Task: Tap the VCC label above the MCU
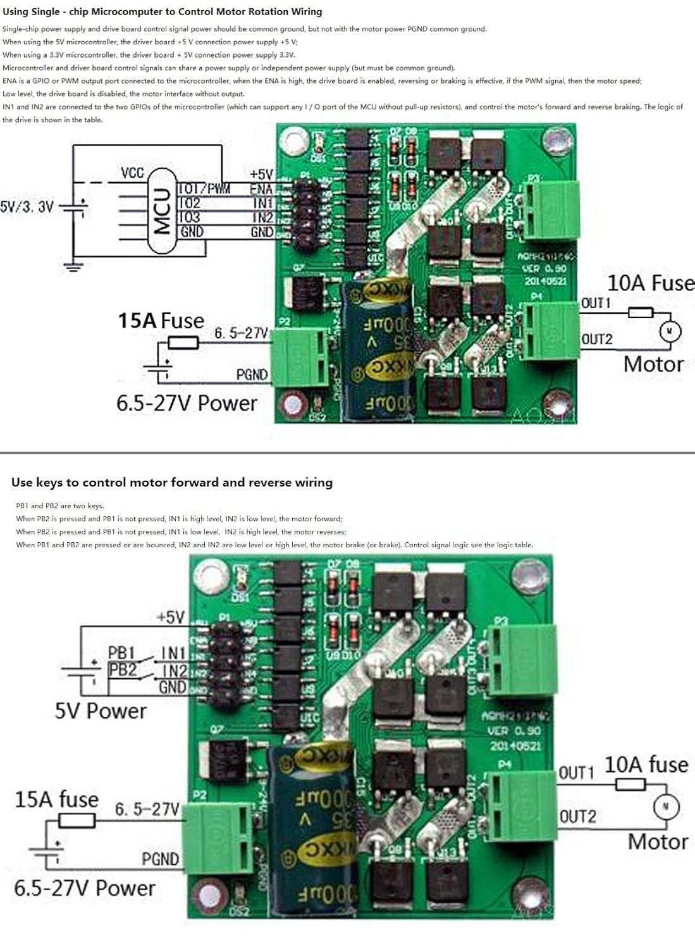coord(132,173)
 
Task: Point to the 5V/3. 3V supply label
coord(27,207)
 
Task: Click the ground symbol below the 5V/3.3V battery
coord(75,266)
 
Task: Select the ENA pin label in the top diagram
coord(261,189)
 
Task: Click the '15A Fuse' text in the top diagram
coord(161,321)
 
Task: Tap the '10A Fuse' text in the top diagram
coord(650,283)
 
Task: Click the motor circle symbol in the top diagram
coord(670,331)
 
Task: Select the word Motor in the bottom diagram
coord(658,841)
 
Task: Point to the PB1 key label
coord(121,652)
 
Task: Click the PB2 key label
coord(122,669)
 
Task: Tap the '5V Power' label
coord(100,711)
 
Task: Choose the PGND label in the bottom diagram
coord(160,859)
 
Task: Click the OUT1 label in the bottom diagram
coord(577,773)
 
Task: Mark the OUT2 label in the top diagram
coord(597,339)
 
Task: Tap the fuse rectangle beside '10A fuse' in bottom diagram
coord(630,785)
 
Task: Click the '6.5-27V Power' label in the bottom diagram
coord(84,888)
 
